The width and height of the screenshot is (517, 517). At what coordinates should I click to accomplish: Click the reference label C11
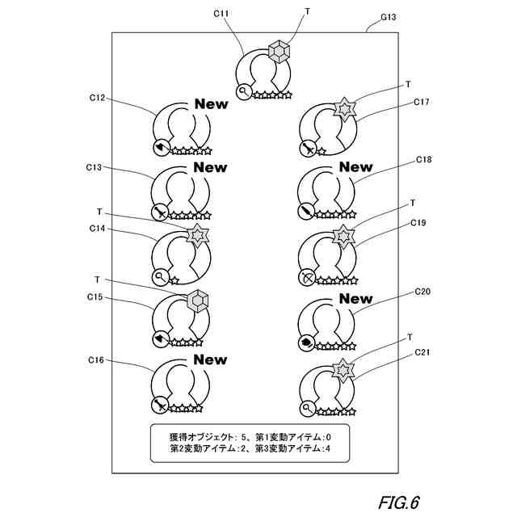[x=221, y=14]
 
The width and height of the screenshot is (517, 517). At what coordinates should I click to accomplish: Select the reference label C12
[x=96, y=98]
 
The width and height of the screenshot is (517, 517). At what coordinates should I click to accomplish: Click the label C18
[x=423, y=160]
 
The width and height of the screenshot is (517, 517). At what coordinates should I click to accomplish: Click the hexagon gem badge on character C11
[x=279, y=52]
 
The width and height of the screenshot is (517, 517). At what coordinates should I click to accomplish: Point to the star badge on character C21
[x=343, y=369]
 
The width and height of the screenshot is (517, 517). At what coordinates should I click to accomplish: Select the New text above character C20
[x=355, y=299]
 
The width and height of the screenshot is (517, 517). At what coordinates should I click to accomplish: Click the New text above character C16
[x=210, y=359]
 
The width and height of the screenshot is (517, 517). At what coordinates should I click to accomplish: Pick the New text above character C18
[x=355, y=167]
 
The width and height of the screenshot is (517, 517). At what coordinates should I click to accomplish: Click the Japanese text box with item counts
[x=250, y=442]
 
